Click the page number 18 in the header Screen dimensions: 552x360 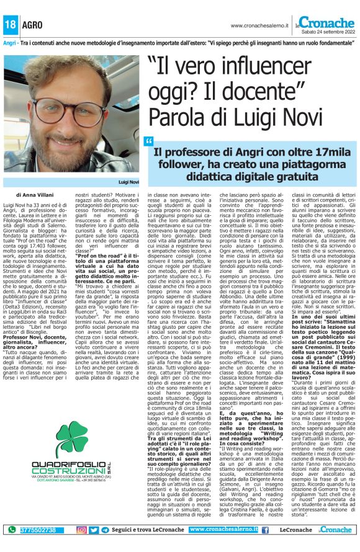pyautogui.click(x=11, y=25)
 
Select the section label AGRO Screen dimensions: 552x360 pyautogui.click(x=32, y=25)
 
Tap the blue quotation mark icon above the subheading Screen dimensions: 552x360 pyautogui.click(x=149, y=141)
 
